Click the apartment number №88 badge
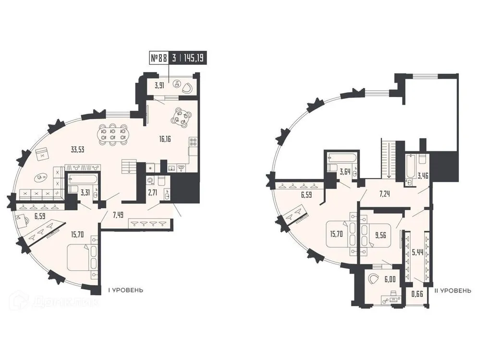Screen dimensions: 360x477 pos(159,58)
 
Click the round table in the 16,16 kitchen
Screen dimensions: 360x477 pos(183,116)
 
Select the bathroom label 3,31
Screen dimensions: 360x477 pos(86,193)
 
